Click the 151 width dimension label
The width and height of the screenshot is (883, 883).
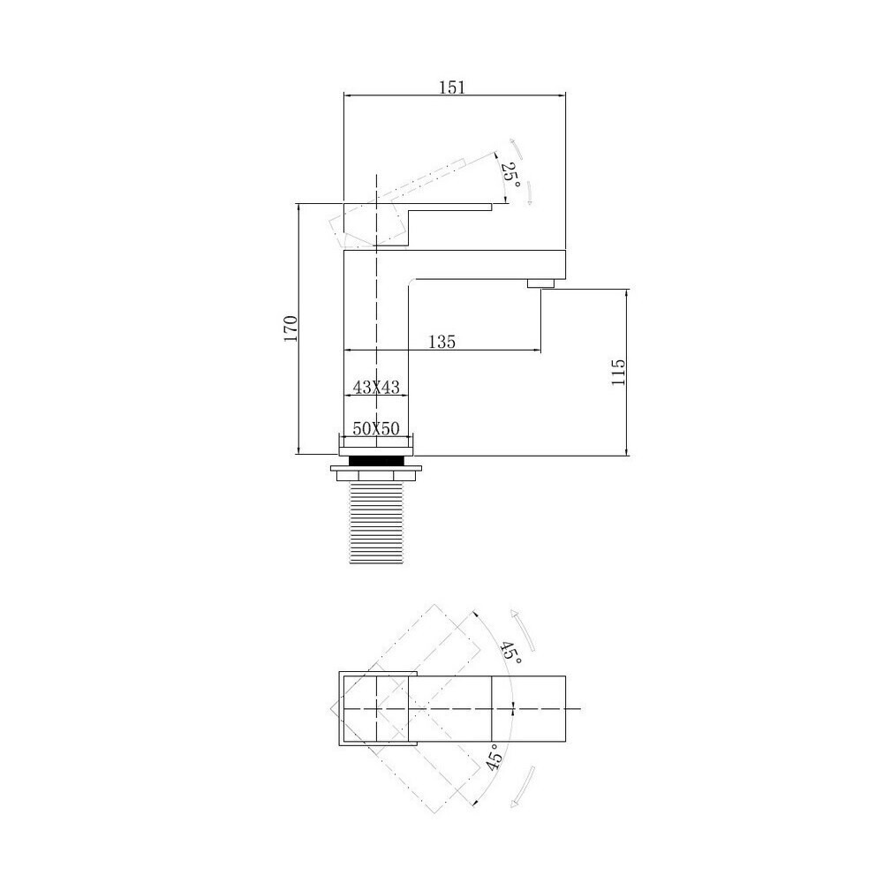point(452,87)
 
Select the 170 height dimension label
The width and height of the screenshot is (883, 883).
point(291,328)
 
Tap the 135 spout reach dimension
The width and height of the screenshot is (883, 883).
point(442,342)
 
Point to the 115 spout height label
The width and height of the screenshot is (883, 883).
point(618,372)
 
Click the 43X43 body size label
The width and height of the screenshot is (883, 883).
point(376,388)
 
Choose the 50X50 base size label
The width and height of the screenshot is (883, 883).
point(376,429)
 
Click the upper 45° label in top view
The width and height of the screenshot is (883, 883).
point(511,653)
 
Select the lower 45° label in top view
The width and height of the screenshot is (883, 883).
point(494,757)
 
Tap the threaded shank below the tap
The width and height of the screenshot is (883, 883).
point(376,522)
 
